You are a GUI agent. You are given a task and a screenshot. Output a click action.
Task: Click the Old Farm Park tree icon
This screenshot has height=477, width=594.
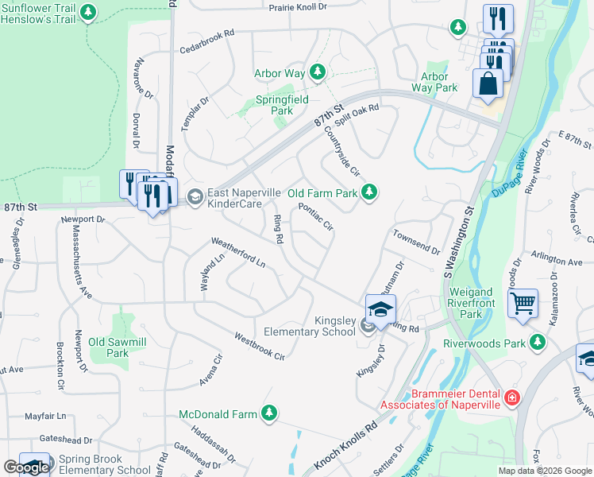368,192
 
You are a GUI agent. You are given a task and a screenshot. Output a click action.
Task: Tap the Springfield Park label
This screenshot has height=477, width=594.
274,106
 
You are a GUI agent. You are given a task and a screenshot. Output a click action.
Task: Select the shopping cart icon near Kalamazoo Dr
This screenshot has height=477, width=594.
523,304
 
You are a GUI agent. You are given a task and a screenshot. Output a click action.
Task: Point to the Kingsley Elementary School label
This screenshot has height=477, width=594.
310,325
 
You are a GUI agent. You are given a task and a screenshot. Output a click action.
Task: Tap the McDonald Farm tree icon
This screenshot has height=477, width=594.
270,413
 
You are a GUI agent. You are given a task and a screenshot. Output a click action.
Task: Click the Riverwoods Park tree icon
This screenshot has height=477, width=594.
538,342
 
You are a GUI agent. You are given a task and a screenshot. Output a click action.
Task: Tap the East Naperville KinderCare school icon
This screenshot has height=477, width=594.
194,196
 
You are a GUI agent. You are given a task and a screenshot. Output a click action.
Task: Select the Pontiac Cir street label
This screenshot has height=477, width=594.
315,216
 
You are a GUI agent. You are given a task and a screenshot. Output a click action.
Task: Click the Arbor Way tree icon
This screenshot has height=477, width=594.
318,73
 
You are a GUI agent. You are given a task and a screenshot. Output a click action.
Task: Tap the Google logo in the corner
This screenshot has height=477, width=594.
25,467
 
